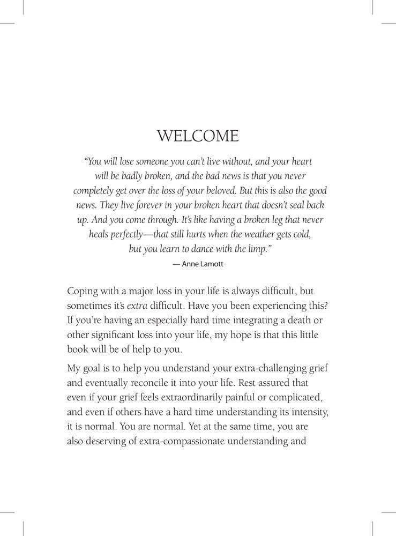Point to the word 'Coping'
[x=83, y=292]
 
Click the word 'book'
[x=78, y=349]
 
